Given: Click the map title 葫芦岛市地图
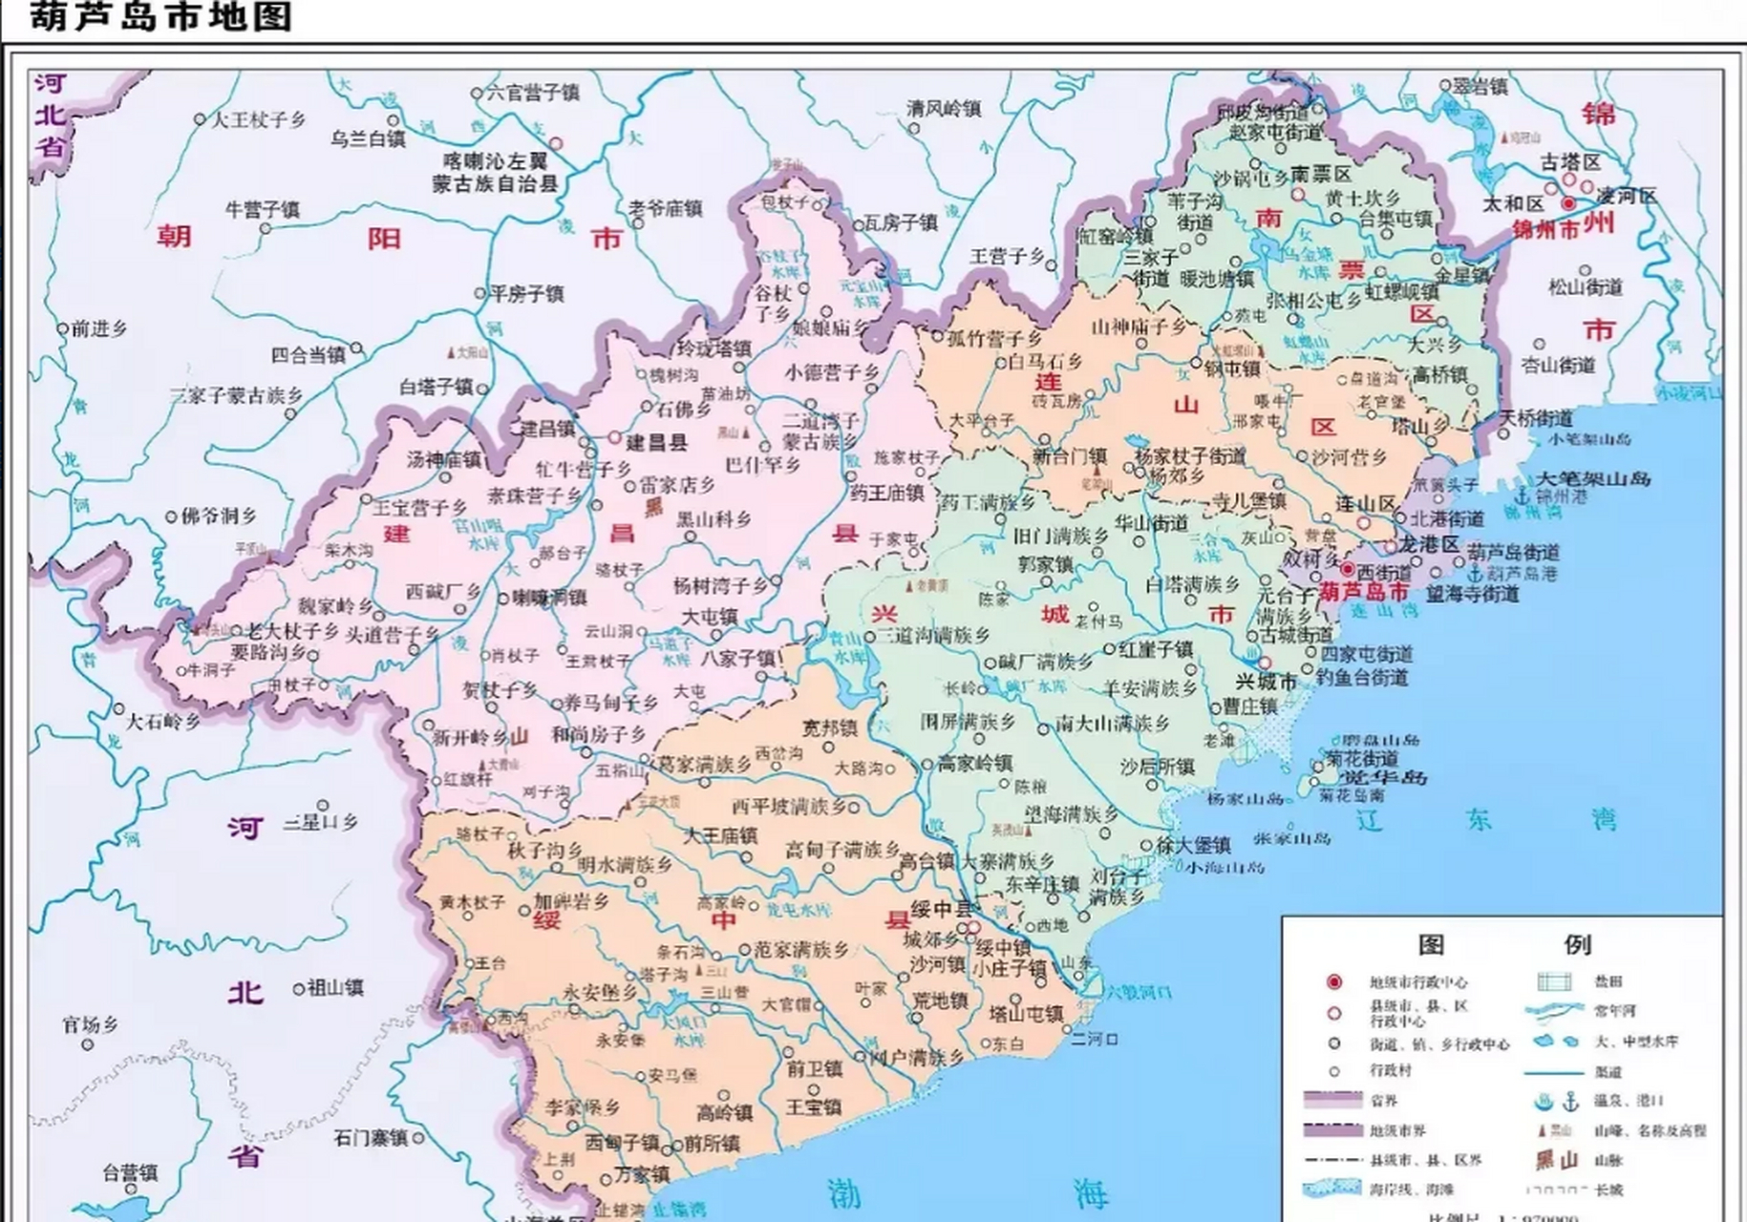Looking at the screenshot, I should (160, 16).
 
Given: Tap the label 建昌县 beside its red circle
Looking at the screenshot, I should (656, 442).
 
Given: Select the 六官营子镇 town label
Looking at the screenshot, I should (533, 93).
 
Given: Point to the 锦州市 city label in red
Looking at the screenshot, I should (1545, 230).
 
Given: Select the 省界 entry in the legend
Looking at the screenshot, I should (1383, 1101).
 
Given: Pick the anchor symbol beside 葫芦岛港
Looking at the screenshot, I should (1474, 574).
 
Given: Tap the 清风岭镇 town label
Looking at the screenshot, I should (944, 109).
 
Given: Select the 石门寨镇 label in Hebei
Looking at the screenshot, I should (371, 1137).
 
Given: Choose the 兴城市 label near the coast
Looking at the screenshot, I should (1266, 682).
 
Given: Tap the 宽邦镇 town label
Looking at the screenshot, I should (828, 728).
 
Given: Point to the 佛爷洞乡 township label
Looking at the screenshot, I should (219, 516).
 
